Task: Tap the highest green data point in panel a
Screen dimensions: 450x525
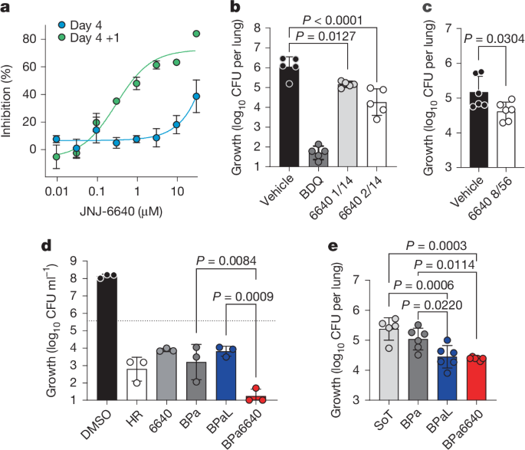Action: click(x=195, y=34)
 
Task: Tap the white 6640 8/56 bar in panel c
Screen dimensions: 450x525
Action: click(x=484, y=139)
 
